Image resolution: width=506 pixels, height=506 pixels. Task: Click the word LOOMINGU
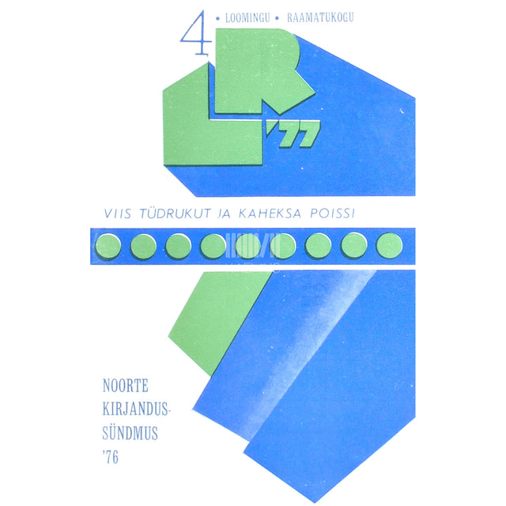(247, 17)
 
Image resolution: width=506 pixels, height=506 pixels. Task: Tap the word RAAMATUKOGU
(320, 17)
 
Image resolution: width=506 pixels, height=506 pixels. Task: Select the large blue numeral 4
(195, 32)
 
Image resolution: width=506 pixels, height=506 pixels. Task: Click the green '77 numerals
(293, 134)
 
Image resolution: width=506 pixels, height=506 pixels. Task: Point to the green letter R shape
(259, 71)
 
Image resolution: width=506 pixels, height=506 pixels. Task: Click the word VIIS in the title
(118, 213)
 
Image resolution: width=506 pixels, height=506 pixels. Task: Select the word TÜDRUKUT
(176, 213)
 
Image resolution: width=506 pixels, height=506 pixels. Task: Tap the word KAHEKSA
(270, 213)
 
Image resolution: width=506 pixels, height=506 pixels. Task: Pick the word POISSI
(332, 213)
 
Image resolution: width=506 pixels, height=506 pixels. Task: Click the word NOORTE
(126, 386)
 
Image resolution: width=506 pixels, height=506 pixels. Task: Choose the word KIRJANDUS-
(136, 410)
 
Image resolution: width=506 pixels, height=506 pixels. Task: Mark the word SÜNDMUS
(130, 433)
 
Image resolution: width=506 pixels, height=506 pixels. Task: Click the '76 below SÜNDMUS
(111, 457)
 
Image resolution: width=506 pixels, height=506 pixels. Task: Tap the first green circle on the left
(108, 246)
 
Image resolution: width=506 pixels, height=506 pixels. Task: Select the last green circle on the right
(390, 246)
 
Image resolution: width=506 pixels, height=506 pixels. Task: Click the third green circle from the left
(179, 246)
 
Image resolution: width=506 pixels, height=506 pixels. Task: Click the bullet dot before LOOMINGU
(217, 19)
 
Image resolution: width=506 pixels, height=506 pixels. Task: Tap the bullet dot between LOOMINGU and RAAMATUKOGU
(277, 18)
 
